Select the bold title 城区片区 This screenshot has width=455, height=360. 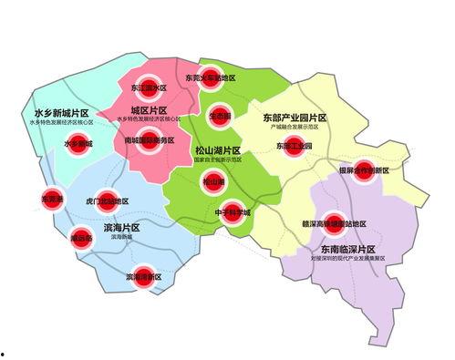tap(150, 109)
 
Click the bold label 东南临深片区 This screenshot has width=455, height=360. tap(351, 249)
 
